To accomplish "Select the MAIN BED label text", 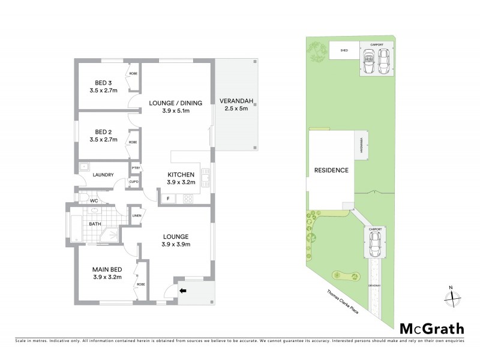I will (x=107, y=269).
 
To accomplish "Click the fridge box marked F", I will (x=168, y=198).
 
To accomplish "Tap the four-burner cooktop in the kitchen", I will (x=187, y=198).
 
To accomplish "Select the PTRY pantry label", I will (x=136, y=169).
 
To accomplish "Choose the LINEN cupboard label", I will (x=136, y=214).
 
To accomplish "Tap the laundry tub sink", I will (x=84, y=168).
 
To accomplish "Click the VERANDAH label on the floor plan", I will (x=233, y=100).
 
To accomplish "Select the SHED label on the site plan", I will (x=344, y=51).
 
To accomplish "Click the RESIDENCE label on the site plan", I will (x=331, y=170).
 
